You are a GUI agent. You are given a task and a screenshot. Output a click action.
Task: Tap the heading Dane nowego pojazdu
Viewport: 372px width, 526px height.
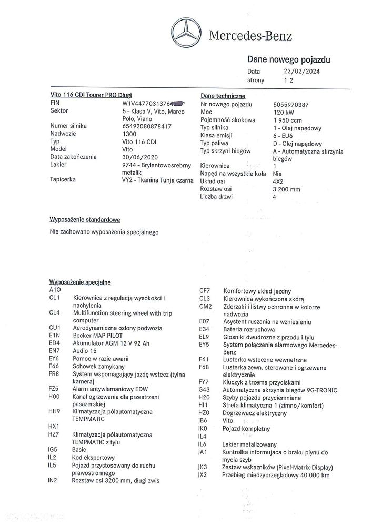point(289,60)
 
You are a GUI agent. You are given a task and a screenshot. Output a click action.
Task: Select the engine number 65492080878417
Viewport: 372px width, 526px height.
point(146,126)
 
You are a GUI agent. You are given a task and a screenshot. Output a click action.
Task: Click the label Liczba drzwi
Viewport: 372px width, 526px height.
point(218,197)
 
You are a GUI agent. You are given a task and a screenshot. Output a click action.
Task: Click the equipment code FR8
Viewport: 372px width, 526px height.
point(54,374)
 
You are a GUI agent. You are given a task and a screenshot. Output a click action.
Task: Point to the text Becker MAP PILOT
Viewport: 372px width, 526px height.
point(97,335)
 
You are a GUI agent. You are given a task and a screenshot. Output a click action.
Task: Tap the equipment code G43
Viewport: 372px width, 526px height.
point(205,390)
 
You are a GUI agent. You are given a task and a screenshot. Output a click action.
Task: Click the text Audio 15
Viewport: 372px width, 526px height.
point(86,350)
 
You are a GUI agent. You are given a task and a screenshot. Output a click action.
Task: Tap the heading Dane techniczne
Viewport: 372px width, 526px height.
point(223,96)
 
